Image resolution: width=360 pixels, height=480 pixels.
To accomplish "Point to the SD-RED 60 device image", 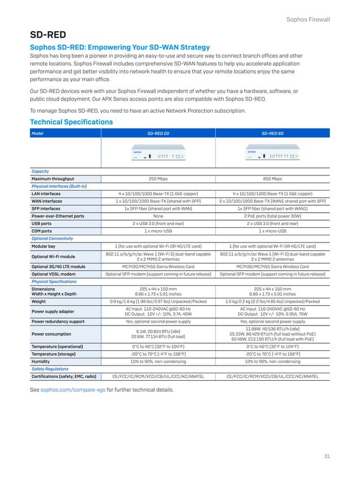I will pyautogui.click(x=272, y=156).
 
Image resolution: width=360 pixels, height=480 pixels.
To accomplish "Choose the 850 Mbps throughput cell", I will pyautogui.click(x=273, y=179).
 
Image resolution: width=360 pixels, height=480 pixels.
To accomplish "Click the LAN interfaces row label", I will pyautogui.click(x=46, y=193).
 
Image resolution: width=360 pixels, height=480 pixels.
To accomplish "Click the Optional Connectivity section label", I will pyautogui.click(x=52, y=239).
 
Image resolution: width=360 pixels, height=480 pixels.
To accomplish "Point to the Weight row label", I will pyautogui.click(x=39, y=302).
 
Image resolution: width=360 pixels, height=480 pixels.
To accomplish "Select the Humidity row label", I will pyautogui.click(x=42, y=361).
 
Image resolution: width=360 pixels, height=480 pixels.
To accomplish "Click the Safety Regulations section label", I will pyautogui.click(x=50, y=368).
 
